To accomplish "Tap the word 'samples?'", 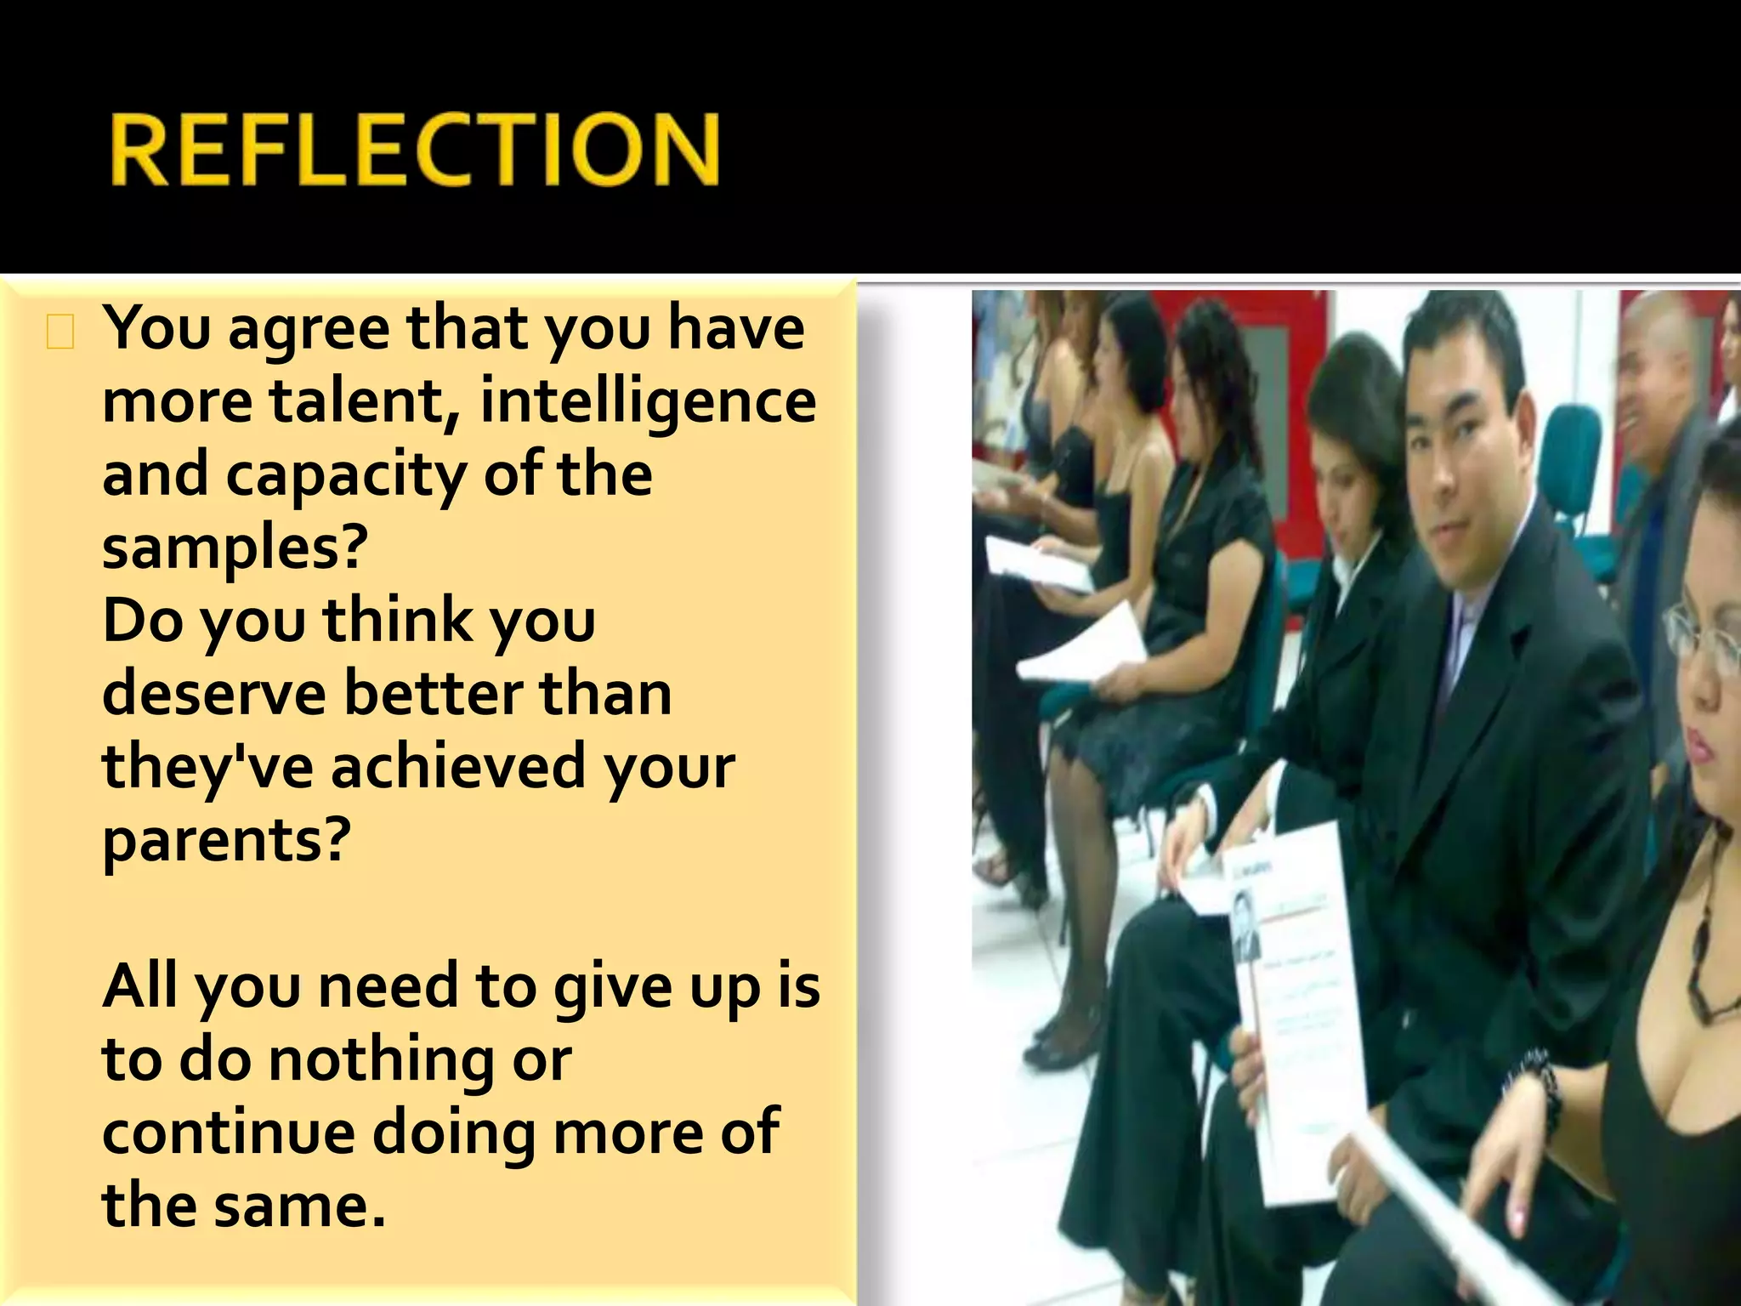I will point(235,547).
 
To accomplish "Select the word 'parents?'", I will point(226,840).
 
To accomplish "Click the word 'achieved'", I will point(457,766).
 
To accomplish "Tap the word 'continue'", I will point(229,1133).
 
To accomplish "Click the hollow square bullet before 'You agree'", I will point(60,332).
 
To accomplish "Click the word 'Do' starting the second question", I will point(142,621).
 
